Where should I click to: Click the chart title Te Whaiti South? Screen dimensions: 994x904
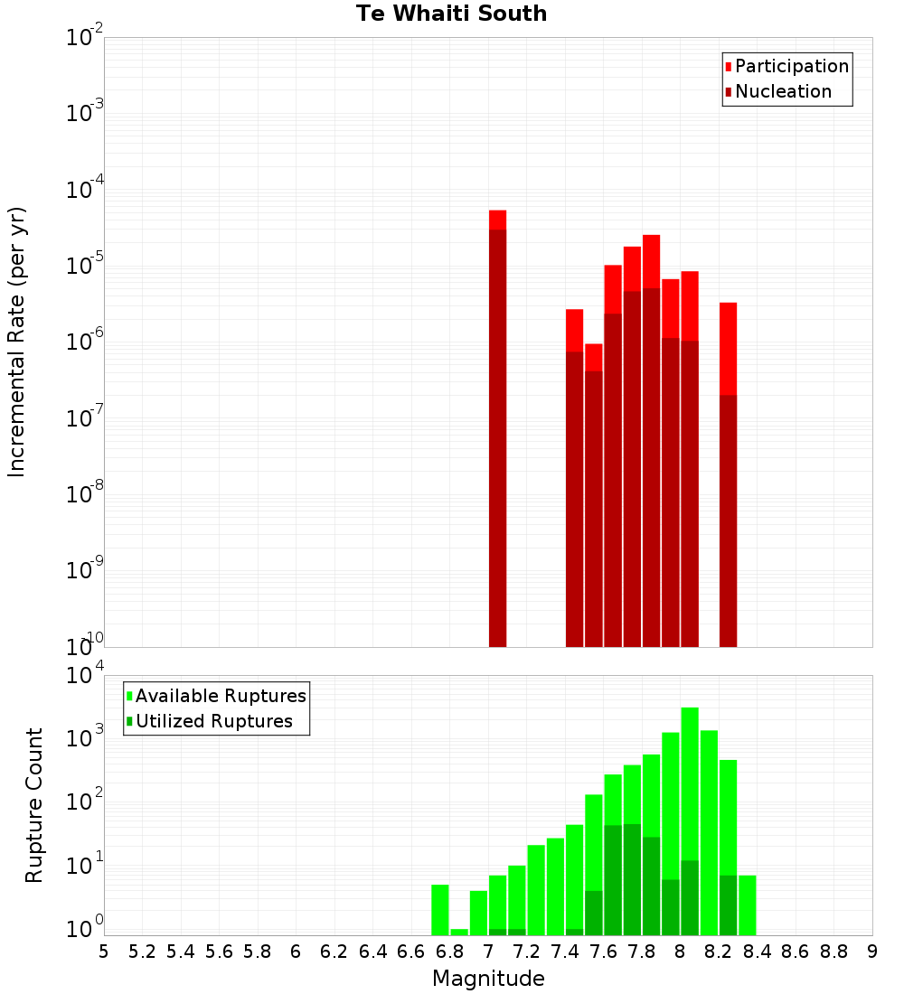(x=451, y=14)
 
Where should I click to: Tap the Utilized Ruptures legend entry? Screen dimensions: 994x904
(x=213, y=721)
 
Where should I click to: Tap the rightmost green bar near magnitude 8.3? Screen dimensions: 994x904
(x=748, y=905)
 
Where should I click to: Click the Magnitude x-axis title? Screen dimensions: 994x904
(x=488, y=979)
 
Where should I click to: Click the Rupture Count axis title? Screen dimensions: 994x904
(x=34, y=805)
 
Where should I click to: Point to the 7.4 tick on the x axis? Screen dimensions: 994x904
(x=565, y=952)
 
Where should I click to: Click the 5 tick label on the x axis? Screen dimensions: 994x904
(x=104, y=952)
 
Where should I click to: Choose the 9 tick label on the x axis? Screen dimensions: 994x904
(x=872, y=952)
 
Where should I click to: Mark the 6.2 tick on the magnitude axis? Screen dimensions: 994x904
(x=334, y=952)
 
